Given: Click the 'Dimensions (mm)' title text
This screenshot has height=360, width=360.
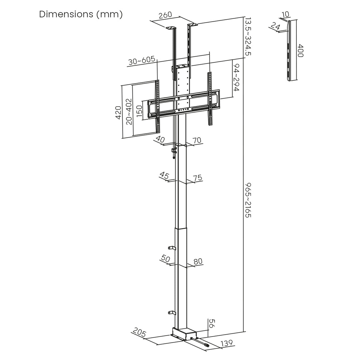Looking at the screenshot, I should coord(81,14).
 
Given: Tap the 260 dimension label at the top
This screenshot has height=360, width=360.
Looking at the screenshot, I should coord(165,15).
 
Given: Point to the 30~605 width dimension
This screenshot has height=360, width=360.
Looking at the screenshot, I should coord(142,61).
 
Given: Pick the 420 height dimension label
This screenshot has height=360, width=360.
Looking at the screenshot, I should coord(118,112).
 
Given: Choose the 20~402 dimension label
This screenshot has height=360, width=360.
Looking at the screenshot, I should coord(129,111).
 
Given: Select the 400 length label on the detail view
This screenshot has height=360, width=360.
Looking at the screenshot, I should coord(300,51).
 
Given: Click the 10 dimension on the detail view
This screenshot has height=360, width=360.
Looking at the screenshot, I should coord(285,14).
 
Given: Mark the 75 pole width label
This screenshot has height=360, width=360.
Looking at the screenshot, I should coord(198,177).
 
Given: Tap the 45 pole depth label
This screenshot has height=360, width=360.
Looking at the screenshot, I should coord(164,175).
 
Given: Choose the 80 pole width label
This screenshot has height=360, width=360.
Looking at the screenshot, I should coord(198,261).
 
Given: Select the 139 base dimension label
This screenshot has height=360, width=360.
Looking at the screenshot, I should coord(227,343).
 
